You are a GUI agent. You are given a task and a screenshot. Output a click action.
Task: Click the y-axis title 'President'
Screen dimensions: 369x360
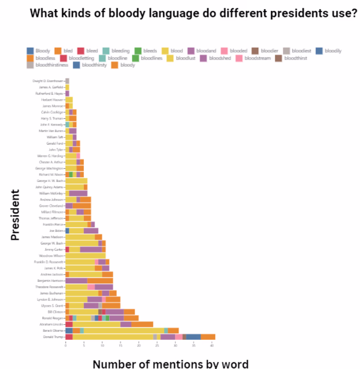pyautogui.click(x=15, y=215)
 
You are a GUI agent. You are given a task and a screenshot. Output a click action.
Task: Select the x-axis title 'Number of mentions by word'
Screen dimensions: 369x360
pyautogui.click(x=170, y=364)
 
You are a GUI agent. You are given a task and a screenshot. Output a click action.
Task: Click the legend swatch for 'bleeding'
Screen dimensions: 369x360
pyautogui.click(x=105, y=51)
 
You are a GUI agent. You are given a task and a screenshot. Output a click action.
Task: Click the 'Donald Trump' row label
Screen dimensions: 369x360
pyautogui.click(x=53, y=337)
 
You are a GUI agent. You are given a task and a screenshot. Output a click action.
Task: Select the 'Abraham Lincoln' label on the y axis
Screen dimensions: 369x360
pyautogui.click(x=51, y=324)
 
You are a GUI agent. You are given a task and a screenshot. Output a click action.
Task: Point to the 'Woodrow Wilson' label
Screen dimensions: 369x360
pyautogui.click(x=52, y=255)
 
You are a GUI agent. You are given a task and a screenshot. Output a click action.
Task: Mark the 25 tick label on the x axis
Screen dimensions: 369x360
pyautogui.click(x=157, y=346)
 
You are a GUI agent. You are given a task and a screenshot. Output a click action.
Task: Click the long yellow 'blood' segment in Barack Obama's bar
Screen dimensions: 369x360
pyautogui.click(x=123, y=330)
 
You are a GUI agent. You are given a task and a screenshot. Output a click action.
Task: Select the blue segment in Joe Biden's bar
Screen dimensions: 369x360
pyautogui.click(x=67, y=231)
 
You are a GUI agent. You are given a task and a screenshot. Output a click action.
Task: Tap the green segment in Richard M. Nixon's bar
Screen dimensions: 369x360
pyautogui.click(x=71, y=174)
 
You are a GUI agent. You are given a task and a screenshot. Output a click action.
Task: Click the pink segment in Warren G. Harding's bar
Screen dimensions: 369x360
pyautogui.click(x=78, y=156)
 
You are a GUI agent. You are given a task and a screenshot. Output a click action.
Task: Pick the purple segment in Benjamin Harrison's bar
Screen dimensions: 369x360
pyautogui.click(x=84, y=281)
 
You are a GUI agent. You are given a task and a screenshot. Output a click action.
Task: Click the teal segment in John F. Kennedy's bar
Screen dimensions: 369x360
pyautogui.click(x=67, y=124)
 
